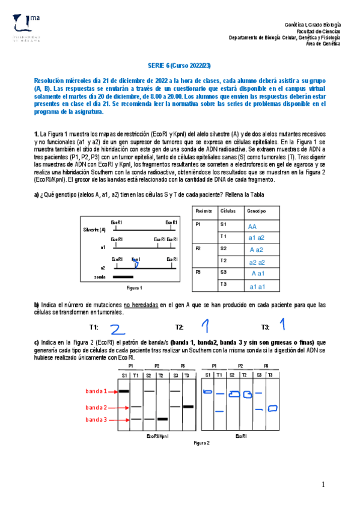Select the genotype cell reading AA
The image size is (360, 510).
coord(252,227)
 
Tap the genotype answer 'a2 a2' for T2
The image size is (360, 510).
coord(257,262)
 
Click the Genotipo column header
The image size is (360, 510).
coord(255,212)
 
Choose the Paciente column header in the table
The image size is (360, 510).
coord(203,212)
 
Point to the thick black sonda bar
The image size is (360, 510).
coord(123,277)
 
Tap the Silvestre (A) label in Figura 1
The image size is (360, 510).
coord(94,230)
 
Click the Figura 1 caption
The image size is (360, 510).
coord(134,288)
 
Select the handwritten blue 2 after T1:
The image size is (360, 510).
coord(118,328)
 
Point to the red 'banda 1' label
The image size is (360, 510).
coord(96,391)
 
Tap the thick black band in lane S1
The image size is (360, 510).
coord(124,391)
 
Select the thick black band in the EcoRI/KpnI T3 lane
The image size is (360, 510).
coord(188,407)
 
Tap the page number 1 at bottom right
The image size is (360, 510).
coord(323,485)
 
